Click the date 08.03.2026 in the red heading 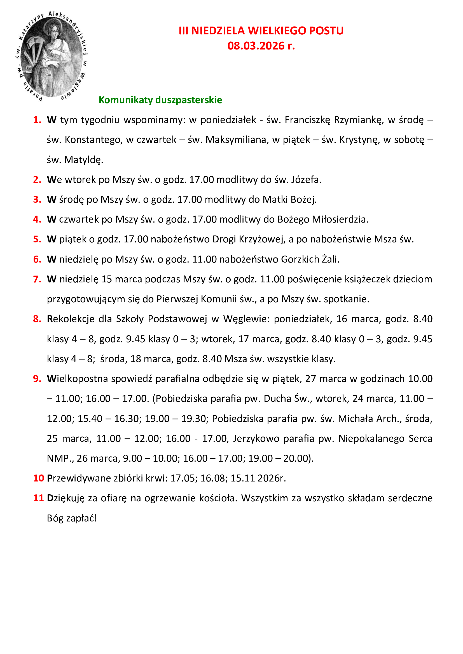[x=256, y=46]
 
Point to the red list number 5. [x=37, y=239]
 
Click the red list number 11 [x=38, y=498]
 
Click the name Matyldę [x=83, y=160]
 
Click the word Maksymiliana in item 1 [x=237, y=140]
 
